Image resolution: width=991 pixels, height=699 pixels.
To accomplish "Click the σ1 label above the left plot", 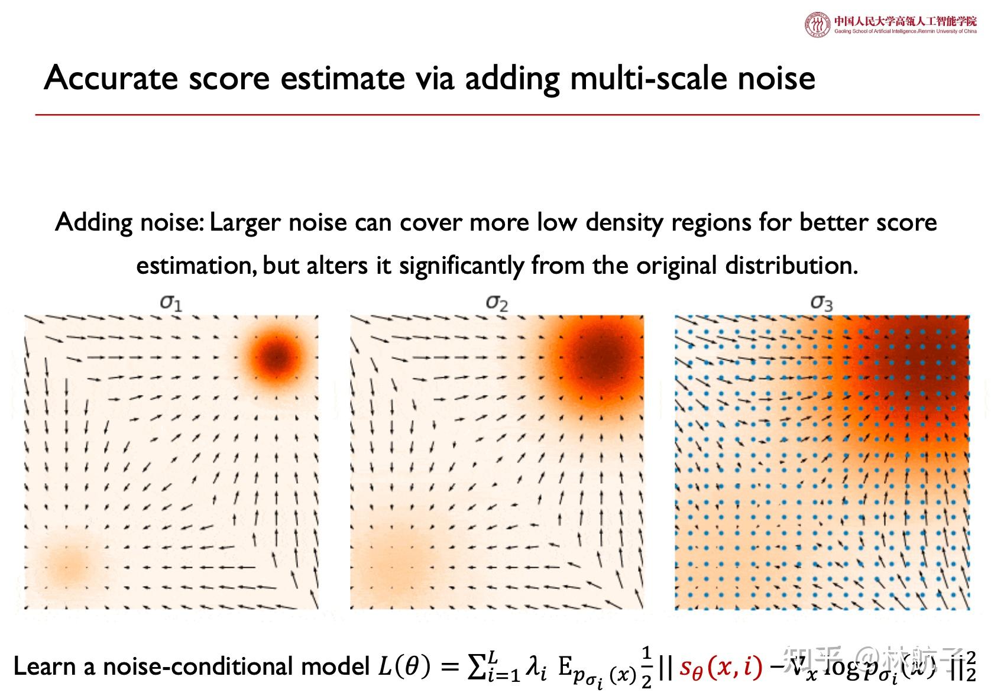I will point(171,303).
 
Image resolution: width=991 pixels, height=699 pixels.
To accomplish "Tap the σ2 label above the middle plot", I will point(497,303).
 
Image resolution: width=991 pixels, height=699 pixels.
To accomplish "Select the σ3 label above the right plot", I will point(821,303).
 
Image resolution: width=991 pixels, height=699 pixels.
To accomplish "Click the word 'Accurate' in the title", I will point(111,78).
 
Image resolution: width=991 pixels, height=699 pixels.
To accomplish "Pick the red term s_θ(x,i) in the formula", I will point(720,668).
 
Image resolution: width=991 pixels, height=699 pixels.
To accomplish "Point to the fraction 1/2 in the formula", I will point(647,667).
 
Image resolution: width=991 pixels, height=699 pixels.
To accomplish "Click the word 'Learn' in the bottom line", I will point(44,666).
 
